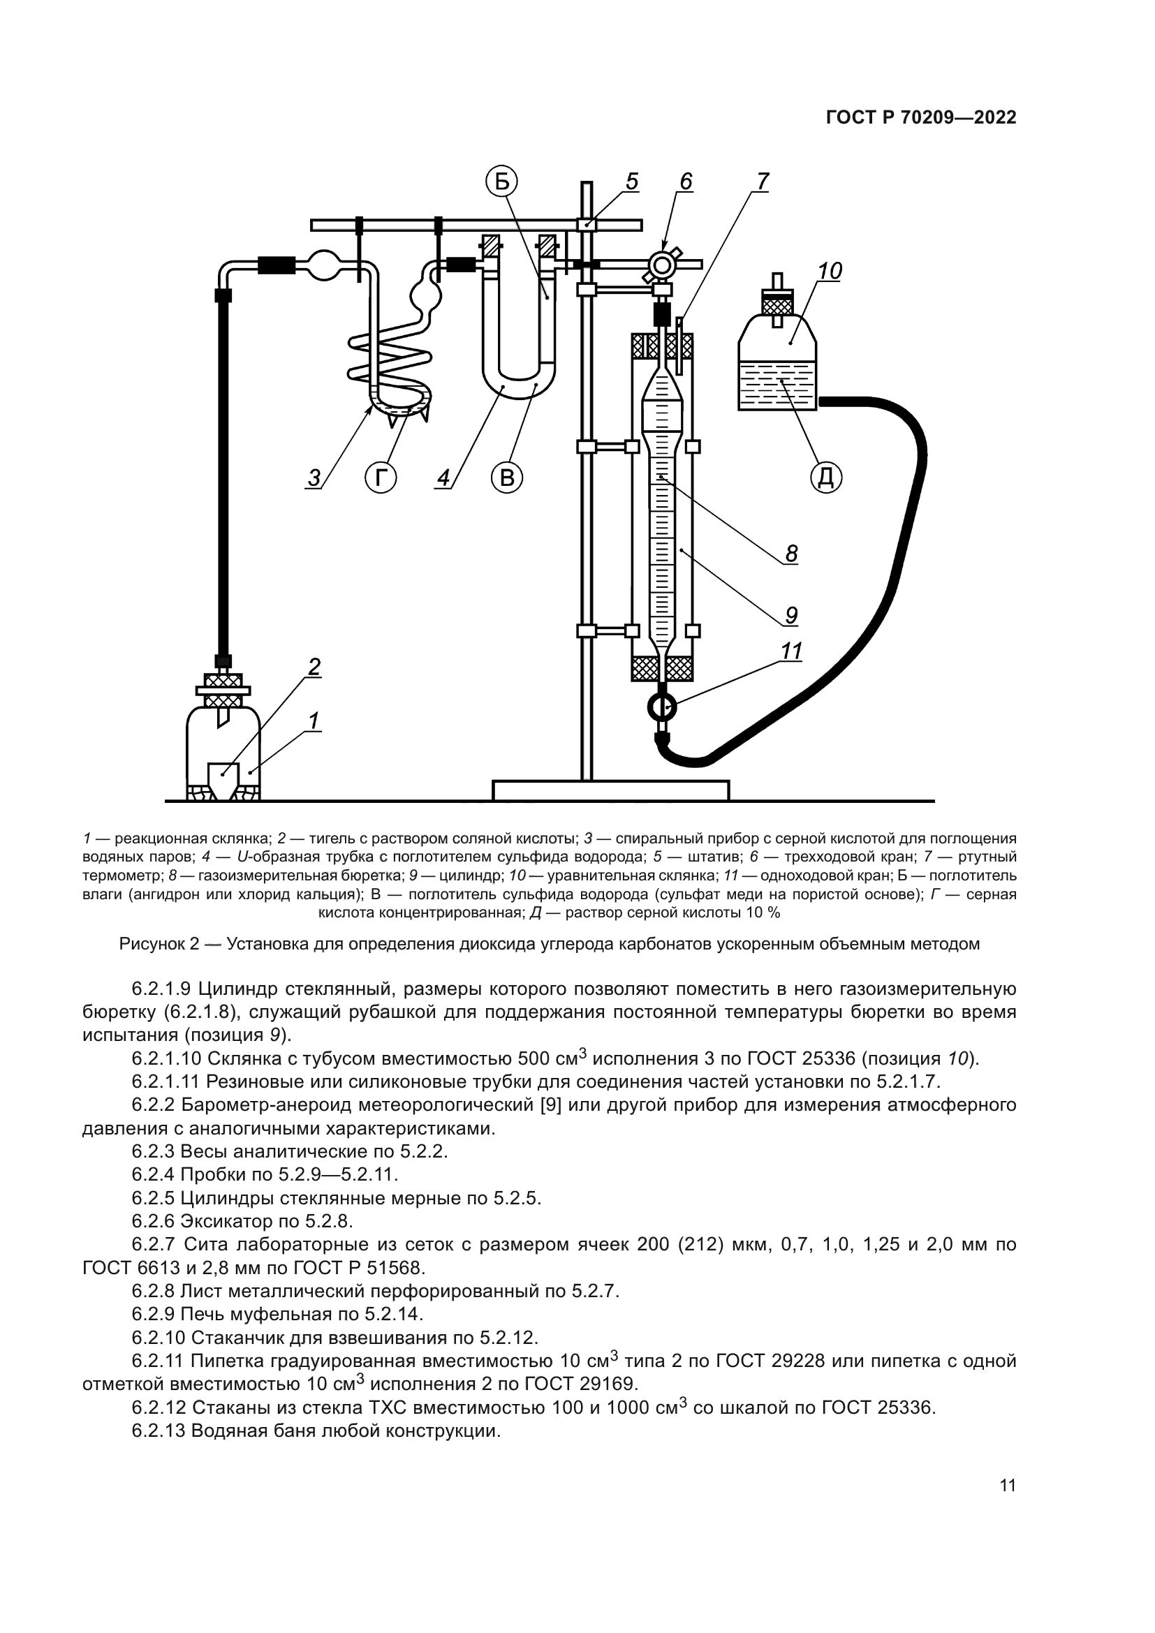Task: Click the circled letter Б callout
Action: click(x=502, y=182)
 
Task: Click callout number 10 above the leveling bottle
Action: click(x=830, y=271)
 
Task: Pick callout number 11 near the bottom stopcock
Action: click(x=792, y=651)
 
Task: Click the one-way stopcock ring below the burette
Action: click(x=662, y=707)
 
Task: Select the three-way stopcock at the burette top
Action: click(x=662, y=265)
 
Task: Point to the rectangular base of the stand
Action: click(x=610, y=790)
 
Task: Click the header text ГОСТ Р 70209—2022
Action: click(x=920, y=118)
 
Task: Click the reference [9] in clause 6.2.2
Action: click(x=551, y=1104)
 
